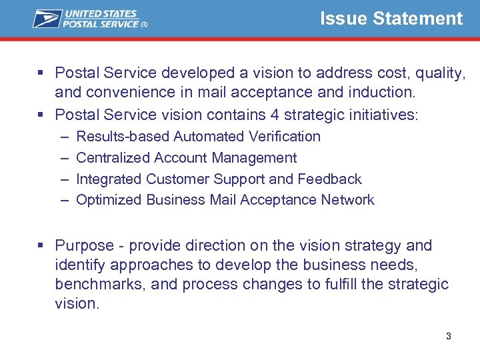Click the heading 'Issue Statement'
(391, 19)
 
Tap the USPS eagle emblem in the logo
(47, 19)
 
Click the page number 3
(448, 336)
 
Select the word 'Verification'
(284, 137)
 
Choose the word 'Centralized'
(113, 158)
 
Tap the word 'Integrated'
(109, 179)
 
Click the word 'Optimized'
(109, 200)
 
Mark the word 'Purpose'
(84, 246)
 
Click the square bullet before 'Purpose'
(41, 245)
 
